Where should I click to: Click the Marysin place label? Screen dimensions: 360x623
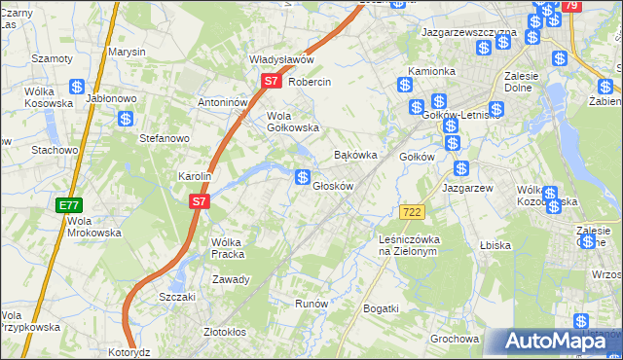coord(127,51)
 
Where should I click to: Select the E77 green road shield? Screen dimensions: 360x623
coord(68,205)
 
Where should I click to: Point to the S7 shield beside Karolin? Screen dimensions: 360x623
coord(199,201)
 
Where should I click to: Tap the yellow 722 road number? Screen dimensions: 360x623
coord(410,211)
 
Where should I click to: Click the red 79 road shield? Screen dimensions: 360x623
coord(571,7)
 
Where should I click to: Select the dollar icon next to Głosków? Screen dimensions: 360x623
coord(304,177)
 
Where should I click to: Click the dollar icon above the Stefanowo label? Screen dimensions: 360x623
coord(126,119)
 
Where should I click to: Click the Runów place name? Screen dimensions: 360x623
coord(311,304)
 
